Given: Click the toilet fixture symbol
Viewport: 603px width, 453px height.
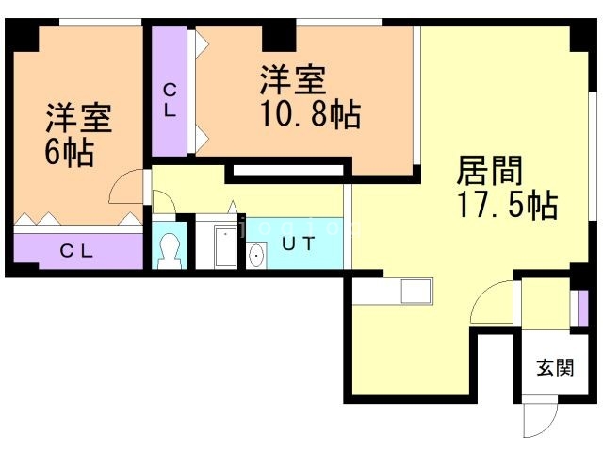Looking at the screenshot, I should pos(171,250).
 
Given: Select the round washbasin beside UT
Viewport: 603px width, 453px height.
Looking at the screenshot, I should pos(255,255).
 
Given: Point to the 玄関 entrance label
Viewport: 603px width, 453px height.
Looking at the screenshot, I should pos(555,367).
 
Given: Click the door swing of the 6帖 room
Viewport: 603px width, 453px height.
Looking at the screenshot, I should pos(127,189).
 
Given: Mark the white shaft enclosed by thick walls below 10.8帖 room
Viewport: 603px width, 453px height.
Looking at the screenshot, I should pos(286,170).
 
